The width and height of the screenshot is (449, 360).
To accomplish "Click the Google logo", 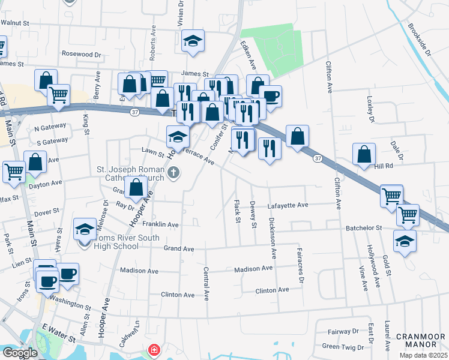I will (x=20, y=353).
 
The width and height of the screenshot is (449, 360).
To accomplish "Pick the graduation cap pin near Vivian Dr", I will (x=193, y=41).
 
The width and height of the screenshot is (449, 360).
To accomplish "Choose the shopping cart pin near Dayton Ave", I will (x=14, y=171).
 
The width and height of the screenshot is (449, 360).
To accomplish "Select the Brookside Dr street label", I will (x=419, y=40).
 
